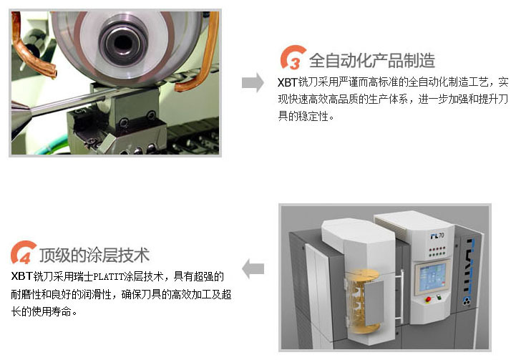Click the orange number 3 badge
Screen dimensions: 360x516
pos(293,59)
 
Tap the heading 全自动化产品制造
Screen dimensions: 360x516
pos(371,59)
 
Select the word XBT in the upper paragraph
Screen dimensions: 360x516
pos(287,82)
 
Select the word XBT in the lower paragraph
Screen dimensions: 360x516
pos(21,276)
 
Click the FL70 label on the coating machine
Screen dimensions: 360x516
pos(437,235)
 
